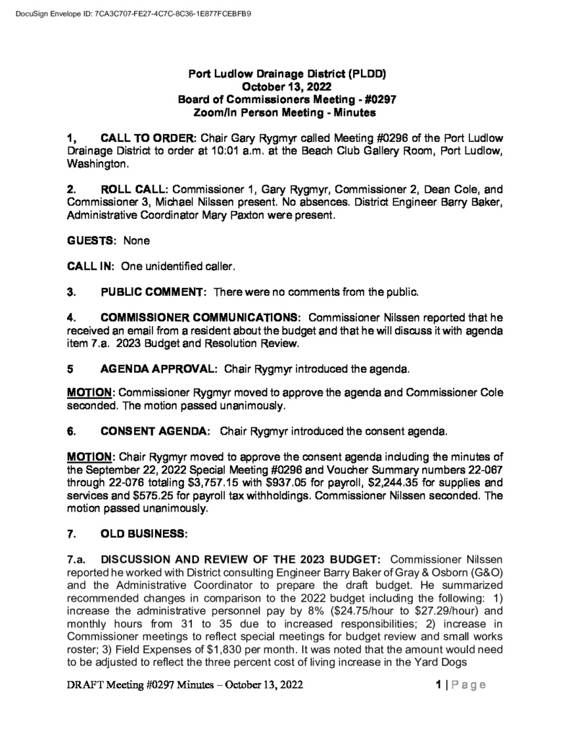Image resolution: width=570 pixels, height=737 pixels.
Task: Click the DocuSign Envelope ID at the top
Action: click(133, 13)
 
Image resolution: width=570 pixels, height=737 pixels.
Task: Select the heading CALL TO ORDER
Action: click(149, 137)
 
